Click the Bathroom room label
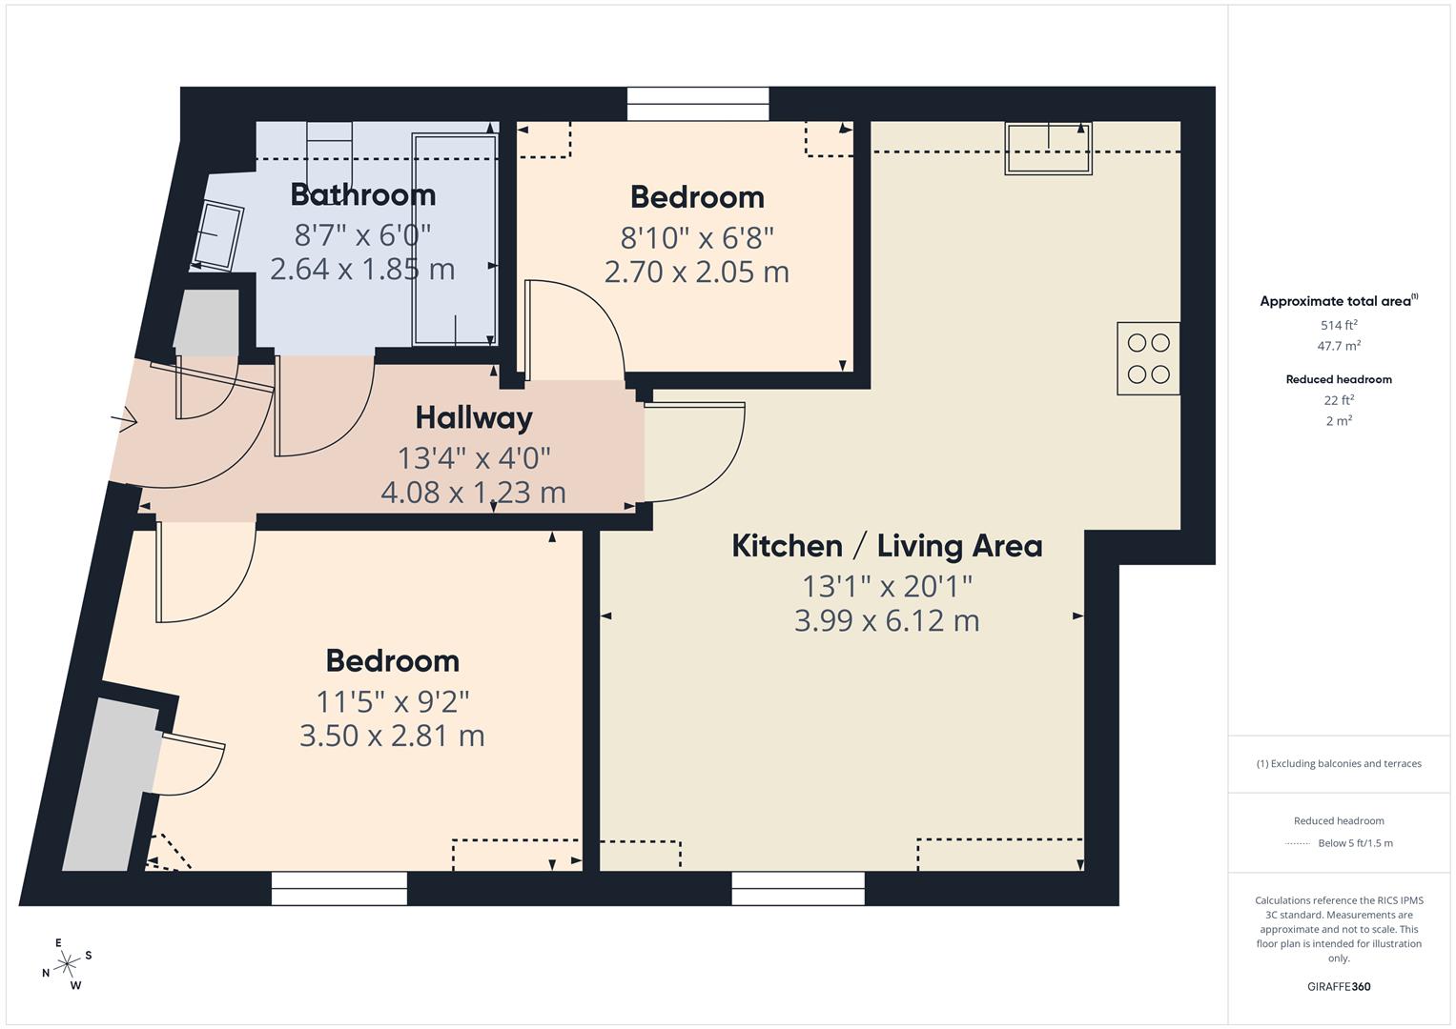click(x=362, y=194)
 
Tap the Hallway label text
click(x=473, y=417)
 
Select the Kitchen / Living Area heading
click(x=887, y=546)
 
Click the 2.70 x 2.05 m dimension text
click(x=696, y=272)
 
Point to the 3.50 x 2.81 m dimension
click(x=392, y=736)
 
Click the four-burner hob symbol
click(x=1148, y=358)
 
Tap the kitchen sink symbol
click(x=1048, y=149)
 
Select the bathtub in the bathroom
click(x=454, y=240)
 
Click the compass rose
click(x=67, y=964)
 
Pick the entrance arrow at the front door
click(x=125, y=419)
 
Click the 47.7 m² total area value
click(x=1339, y=346)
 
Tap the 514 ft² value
click(x=1339, y=325)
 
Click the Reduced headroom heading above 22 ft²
click(x=1339, y=379)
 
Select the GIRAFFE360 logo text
click(x=1339, y=986)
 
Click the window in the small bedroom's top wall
click(x=698, y=104)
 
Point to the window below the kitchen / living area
click(x=798, y=888)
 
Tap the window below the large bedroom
click(x=339, y=888)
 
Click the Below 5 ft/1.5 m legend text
click(x=1354, y=843)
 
